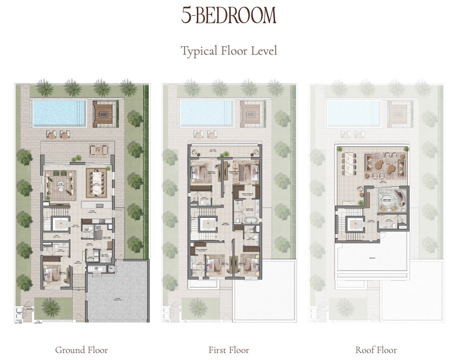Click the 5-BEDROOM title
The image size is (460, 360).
coord(229,16)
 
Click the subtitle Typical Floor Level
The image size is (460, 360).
coord(229,51)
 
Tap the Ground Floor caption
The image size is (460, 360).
coord(82,350)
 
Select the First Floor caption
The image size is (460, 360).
coord(229,350)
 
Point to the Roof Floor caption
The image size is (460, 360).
coord(376,350)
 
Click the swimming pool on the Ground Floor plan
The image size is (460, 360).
coord(59,113)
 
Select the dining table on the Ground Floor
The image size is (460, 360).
coord(98,183)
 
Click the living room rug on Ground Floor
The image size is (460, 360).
coord(60,184)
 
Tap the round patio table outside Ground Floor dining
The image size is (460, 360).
coord(99,150)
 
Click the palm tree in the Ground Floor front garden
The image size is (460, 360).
coord(51,307)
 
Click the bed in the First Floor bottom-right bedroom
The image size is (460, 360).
coord(247,265)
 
